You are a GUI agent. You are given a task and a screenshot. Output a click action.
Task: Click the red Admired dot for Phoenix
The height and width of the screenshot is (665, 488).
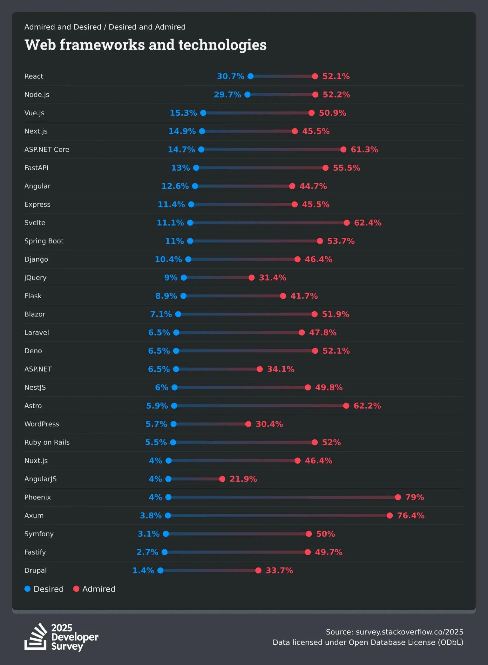pos(398,497)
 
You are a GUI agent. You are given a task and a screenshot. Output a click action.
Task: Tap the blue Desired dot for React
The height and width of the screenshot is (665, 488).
pos(250,76)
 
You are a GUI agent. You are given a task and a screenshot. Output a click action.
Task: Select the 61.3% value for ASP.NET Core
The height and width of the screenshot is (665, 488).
pos(364,150)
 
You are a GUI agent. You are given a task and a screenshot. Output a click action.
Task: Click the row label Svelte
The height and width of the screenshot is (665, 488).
pos(35,223)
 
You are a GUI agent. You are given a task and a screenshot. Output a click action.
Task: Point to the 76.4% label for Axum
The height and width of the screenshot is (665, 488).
pos(410,516)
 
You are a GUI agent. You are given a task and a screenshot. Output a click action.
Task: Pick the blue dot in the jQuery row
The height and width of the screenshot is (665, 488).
pos(184,278)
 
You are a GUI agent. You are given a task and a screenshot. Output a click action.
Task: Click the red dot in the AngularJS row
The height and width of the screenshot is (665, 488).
pos(222,479)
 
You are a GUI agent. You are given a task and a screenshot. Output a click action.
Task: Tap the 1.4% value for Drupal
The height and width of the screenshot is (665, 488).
pos(143,571)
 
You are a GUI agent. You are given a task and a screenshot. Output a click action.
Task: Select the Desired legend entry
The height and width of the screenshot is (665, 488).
pos(44,589)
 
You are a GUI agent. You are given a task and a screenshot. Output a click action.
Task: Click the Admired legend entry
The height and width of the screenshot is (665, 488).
pos(94,589)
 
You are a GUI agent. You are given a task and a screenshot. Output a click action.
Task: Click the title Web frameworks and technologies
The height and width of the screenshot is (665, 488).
pos(146,45)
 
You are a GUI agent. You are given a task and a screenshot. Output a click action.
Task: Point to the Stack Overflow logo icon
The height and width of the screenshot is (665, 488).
pos(36,637)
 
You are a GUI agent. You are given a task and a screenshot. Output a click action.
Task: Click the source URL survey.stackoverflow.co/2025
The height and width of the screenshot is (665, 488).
pos(409,632)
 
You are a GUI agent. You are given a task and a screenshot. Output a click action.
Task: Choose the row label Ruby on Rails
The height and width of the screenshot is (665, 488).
pos(47,442)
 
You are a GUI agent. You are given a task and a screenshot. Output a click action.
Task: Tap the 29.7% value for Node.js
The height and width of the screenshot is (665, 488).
pos(227,95)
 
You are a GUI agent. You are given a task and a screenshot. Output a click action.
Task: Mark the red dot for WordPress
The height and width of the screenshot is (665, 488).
pos(248,424)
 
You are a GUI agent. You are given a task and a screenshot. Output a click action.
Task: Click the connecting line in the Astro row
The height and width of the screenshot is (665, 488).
pos(260,406)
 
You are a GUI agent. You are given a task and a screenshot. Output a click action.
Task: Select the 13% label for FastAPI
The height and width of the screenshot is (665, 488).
pos(180,168)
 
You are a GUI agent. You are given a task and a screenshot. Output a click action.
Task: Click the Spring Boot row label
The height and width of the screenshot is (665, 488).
pos(44,241)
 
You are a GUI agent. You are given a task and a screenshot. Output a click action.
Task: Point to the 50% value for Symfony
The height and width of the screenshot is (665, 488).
pos(325,534)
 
